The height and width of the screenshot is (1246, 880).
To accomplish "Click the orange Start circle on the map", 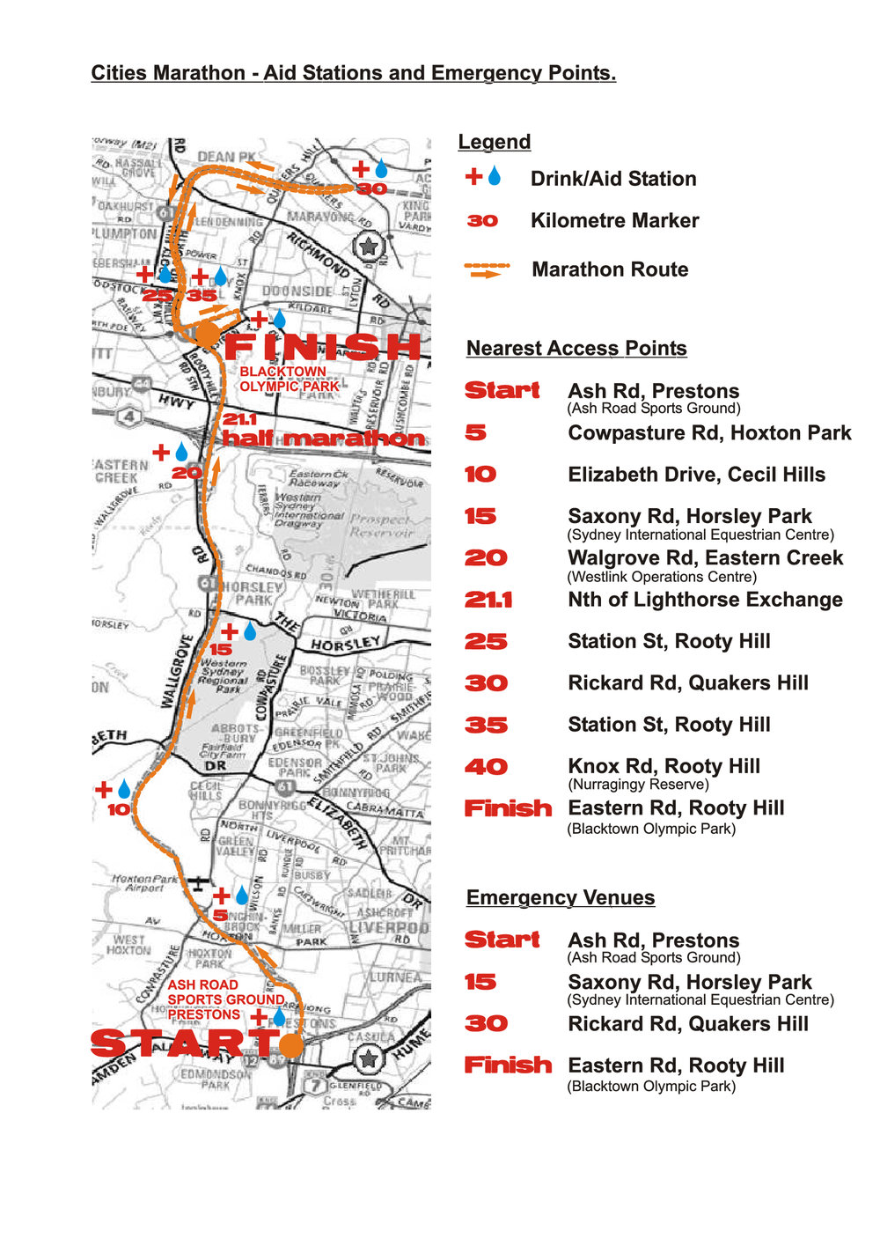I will coord(291,1044).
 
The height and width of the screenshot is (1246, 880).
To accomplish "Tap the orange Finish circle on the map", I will coord(206,334).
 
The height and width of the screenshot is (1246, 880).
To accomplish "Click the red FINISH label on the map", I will coord(323,346).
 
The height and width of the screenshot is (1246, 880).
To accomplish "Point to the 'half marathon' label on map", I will coord(323,438).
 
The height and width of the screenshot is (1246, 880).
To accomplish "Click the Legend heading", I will coord(494,142).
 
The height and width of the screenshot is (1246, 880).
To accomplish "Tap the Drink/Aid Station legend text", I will coord(612,179).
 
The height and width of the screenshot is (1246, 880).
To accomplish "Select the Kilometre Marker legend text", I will coord(614,221).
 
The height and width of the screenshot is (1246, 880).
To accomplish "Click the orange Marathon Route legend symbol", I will coord(487,269).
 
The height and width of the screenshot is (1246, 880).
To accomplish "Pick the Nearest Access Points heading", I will coord(576,348).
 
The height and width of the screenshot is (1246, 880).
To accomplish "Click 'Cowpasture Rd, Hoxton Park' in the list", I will coord(709,433).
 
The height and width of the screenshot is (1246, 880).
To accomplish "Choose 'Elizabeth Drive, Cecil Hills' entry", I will coord(696,475).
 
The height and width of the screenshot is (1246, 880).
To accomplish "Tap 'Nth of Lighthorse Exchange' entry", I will coord(705,600).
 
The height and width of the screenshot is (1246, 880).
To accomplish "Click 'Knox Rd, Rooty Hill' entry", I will coord(664,766).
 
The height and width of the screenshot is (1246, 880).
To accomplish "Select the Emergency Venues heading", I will coord(560,897).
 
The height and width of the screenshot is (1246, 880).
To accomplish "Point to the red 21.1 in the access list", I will coord(488,601).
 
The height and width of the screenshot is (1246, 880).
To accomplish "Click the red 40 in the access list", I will coord(486,767).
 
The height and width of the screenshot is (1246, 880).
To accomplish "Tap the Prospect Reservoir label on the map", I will coord(381,526).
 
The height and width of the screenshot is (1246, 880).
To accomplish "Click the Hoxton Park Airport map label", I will coord(144,883).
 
